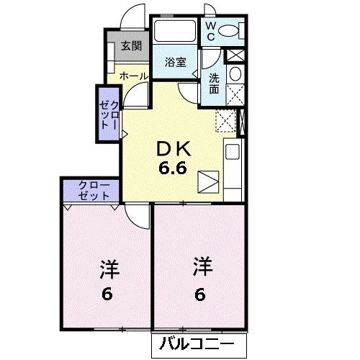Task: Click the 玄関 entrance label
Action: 130,47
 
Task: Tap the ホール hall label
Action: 133,76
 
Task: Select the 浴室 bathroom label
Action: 175,61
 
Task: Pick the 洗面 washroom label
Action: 216,82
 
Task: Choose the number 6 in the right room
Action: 200,293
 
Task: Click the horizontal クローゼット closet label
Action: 91,191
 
